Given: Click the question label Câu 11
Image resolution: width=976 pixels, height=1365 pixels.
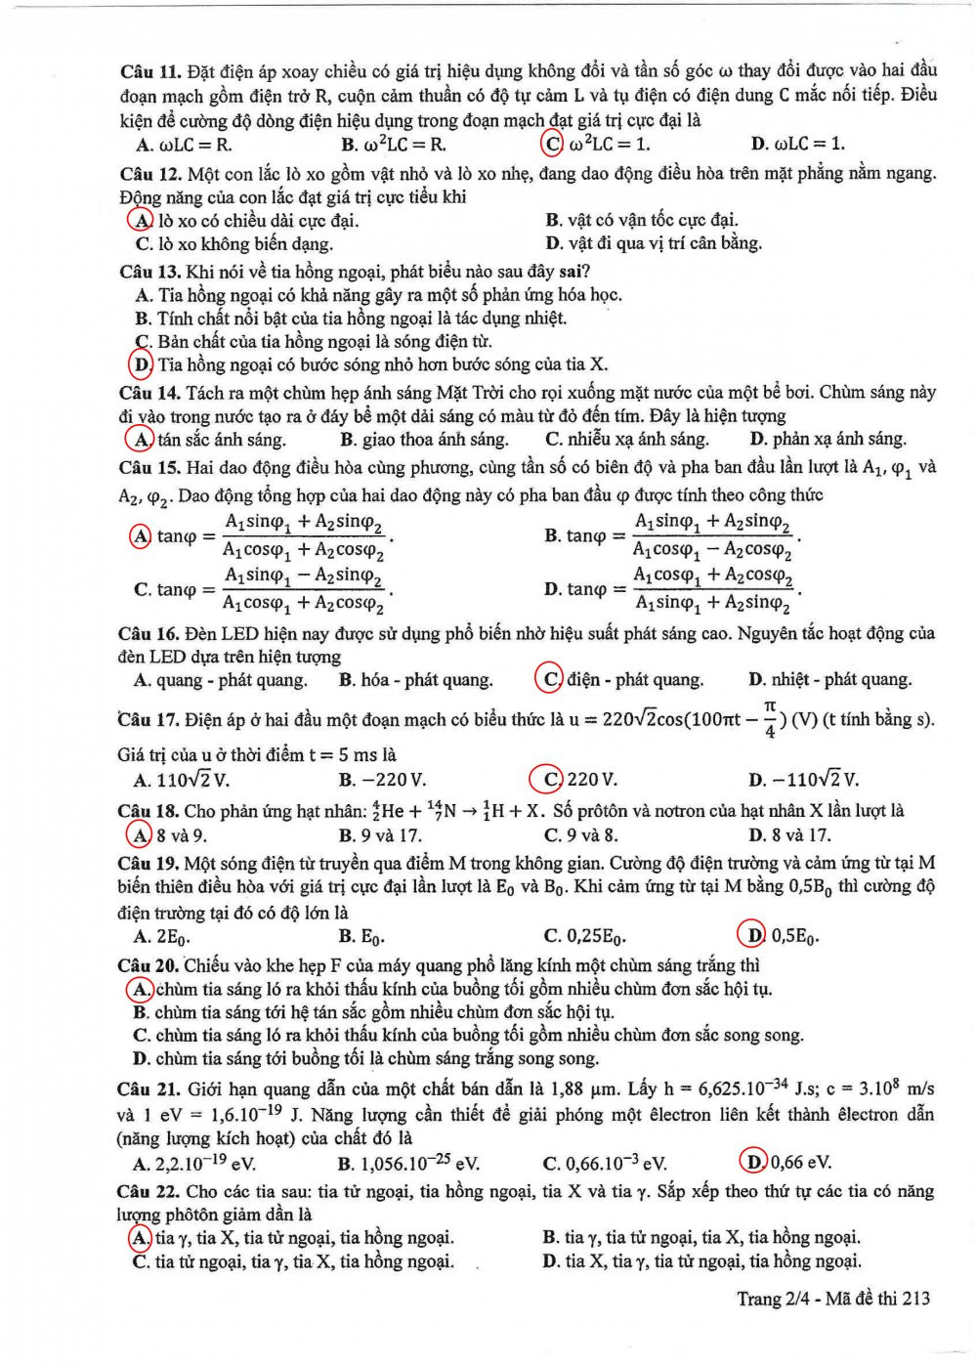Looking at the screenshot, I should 150,71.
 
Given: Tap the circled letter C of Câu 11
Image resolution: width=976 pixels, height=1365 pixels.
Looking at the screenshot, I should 552,144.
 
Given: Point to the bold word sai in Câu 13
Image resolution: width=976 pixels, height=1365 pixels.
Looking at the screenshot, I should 572,272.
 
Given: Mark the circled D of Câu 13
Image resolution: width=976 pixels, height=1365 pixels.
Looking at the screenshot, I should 142,364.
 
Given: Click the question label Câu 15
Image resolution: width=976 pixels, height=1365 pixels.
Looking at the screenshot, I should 149,467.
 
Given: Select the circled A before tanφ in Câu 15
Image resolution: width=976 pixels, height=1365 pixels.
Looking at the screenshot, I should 141,535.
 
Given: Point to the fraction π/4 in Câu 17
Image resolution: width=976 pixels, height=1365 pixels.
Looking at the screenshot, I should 770,719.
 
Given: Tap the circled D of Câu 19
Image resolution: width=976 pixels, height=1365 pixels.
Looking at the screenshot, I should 753,935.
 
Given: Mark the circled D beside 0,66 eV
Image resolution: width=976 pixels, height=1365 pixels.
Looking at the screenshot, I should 755,1162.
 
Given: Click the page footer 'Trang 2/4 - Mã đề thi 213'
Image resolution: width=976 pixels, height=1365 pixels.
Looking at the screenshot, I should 833,1299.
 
